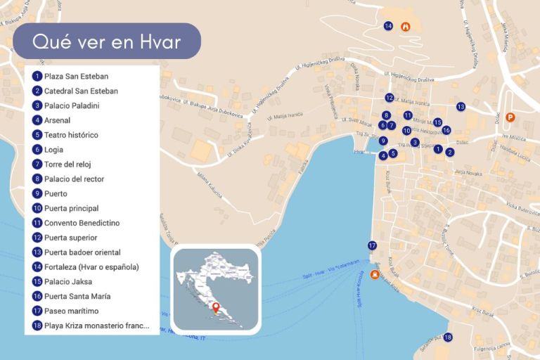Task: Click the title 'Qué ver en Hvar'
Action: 107,42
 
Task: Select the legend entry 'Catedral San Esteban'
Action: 81,91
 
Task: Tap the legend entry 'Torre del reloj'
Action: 67,164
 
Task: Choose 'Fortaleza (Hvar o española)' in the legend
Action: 91,266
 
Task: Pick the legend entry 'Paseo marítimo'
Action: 71,311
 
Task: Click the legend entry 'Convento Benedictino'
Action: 82,223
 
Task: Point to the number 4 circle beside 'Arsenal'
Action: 37,120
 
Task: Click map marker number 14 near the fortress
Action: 388,26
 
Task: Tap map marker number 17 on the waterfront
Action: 372,245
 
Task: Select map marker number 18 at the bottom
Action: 448,337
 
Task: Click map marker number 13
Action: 461,107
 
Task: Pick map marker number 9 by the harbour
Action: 383,141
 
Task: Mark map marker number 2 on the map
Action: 450,152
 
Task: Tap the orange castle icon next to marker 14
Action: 405,27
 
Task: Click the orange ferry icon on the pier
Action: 375,275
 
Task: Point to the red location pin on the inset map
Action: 216,308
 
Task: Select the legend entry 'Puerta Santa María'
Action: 77,296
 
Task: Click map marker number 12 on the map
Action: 390,98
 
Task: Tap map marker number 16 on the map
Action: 446,130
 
